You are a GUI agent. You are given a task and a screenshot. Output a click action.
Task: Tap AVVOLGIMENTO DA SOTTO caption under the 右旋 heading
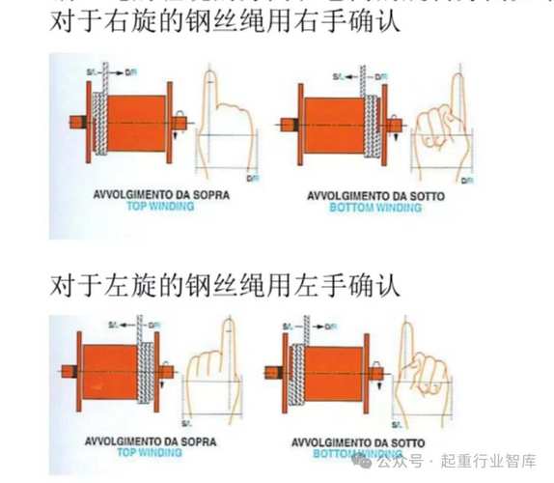(374, 196)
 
